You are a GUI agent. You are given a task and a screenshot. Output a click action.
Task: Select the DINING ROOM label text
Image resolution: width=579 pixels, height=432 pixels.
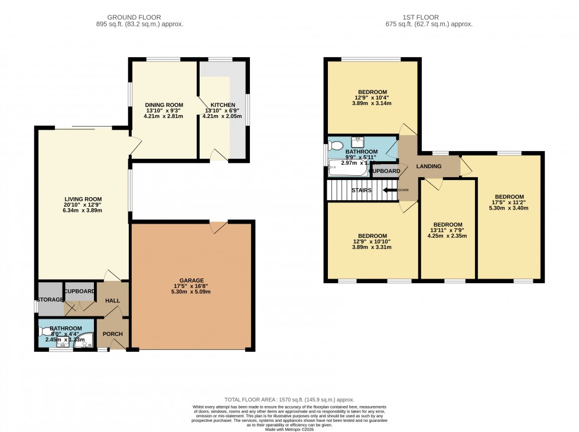coord(164,104)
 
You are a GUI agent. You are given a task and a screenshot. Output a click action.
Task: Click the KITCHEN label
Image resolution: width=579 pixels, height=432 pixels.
coord(219,104)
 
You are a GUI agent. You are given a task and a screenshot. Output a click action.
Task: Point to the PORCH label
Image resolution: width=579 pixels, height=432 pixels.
coord(112,334)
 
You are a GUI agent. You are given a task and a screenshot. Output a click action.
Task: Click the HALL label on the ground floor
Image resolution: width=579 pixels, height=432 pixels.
coord(112,300)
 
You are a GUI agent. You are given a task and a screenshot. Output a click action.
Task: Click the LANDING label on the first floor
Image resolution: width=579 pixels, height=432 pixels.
coord(428,166)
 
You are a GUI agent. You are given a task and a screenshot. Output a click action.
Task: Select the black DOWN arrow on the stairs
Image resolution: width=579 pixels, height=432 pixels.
coord(390,190)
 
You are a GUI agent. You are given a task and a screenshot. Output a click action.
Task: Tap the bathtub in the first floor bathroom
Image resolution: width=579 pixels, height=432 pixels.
coord(347,169)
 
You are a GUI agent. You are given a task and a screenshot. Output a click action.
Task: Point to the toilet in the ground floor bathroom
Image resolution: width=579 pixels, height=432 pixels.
coord(45,332)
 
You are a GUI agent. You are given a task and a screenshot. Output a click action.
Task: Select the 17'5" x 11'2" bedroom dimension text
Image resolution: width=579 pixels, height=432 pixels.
coord(509,204)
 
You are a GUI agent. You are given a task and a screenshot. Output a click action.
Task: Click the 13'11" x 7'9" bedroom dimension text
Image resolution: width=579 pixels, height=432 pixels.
coord(447,231)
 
